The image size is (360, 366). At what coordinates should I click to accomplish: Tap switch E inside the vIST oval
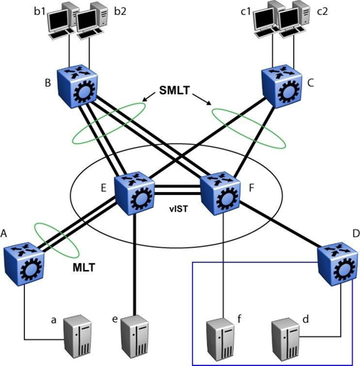pos(134,193)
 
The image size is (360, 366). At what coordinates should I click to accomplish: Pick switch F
pos(220,193)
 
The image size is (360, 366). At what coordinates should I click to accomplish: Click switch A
pos(24,264)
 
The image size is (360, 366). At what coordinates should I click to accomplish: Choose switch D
pos(337,264)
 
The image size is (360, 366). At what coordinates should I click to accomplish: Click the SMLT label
pos(175,90)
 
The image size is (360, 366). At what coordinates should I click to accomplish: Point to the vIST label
pos(178,209)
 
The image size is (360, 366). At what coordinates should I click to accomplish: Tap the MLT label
pos(84,268)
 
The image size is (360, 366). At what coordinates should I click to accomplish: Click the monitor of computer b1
pos(58,21)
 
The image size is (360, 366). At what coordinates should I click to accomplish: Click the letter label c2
pos(322,12)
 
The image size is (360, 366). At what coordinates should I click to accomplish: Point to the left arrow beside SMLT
pos(148,97)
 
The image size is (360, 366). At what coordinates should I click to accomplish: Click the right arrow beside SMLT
pos(202,99)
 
